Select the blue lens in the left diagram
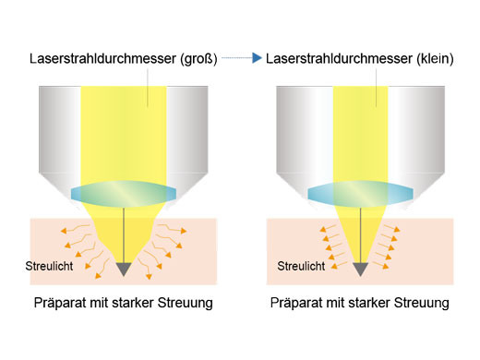tap(122, 192)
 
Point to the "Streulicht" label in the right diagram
tap(299, 267)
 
